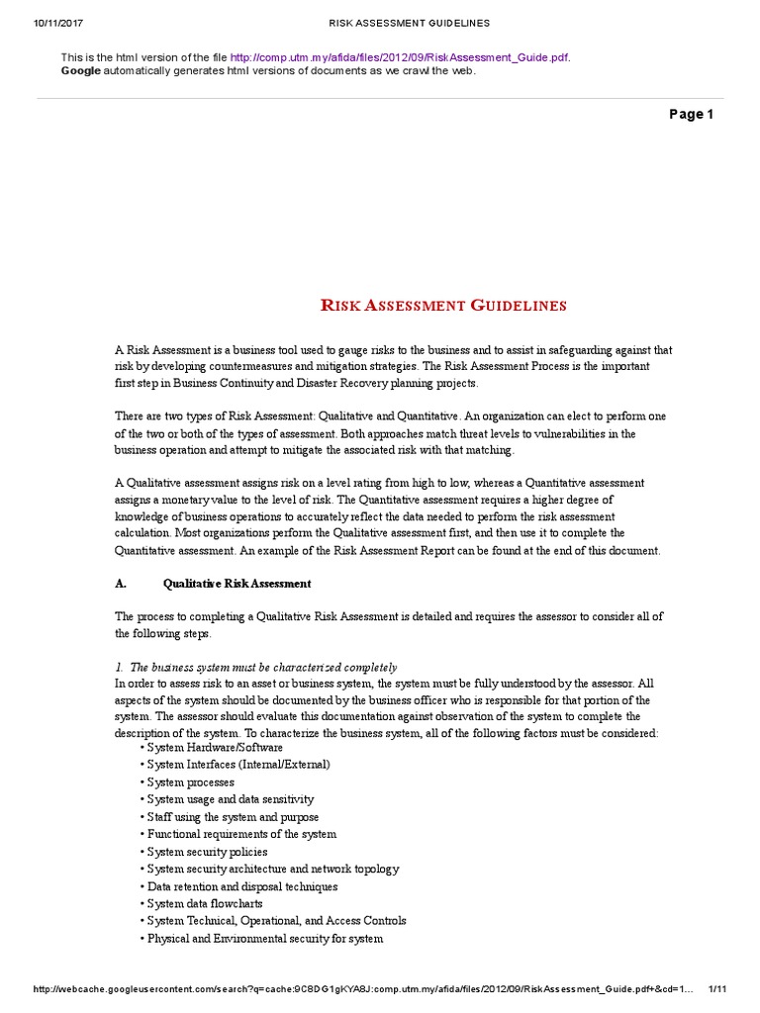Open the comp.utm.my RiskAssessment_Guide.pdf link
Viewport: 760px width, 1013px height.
point(400,57)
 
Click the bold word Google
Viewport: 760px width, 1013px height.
point(80,70)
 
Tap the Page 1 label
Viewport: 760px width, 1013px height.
point(691,115)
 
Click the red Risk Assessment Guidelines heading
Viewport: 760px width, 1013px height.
point(444,305)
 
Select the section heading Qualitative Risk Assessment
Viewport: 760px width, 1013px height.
point(237,584)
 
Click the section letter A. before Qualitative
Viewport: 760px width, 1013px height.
point(122,584)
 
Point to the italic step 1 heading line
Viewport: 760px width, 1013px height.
point(256,667)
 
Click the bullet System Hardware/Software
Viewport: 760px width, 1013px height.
point(212,747)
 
